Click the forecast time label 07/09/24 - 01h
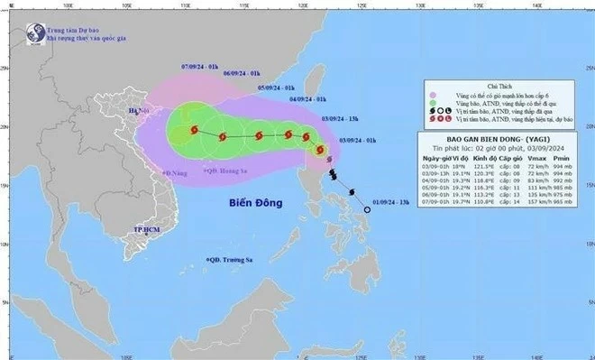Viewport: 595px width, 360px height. point(199,66)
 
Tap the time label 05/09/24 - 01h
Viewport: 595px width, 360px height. point(276,87)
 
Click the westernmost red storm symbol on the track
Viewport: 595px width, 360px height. point(193,131)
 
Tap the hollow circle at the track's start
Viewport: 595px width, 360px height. point(367,209)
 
